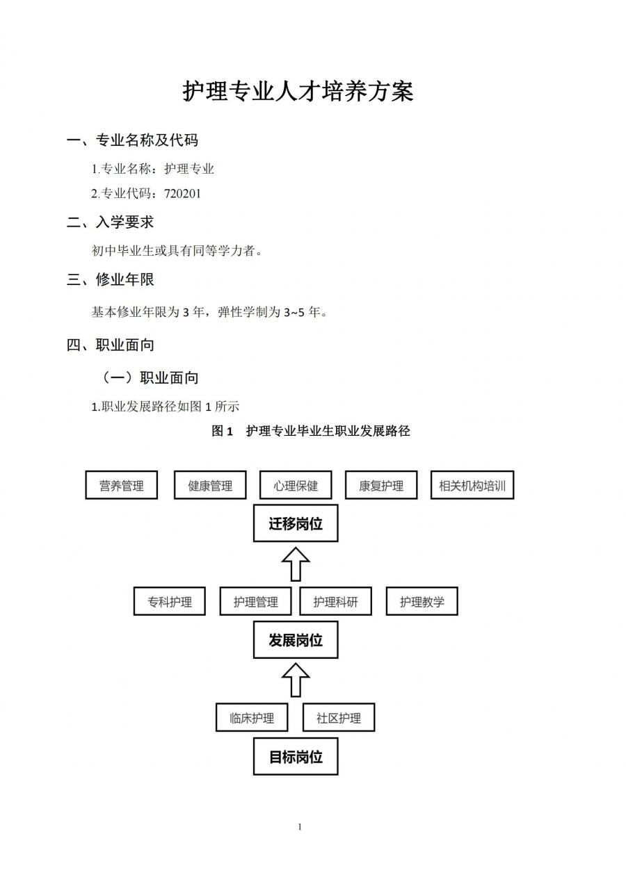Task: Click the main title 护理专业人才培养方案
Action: (x=298, y=91)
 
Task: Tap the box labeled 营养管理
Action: (x=121, y=485)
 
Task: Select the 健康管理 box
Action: (x=210, y=485)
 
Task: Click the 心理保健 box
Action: (x=296, y=485)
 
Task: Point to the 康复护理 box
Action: (x=381, y=485)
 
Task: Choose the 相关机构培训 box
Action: (x=472, y=485)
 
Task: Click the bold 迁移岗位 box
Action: (x=296, y=524)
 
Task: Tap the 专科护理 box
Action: (x=170, y=602)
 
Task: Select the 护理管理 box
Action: (x=256, y=602)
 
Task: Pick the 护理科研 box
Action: (x=335, y=602)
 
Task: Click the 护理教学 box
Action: (x=422, y=602)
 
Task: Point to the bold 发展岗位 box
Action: (x=296, y=640)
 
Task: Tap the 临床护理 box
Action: (x=252, y=718)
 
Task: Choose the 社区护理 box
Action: (x=339, y=718)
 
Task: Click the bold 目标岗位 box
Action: (x=296, y=757)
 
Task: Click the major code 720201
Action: (x=182, y=193)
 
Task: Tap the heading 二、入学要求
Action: (x=110, y=222)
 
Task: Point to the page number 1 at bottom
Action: (x=300, y=826)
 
